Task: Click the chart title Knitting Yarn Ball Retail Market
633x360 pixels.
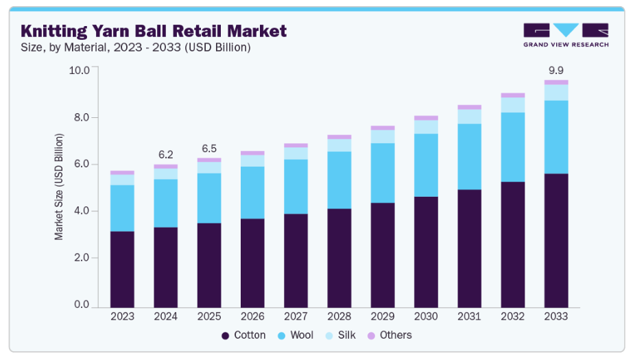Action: [x=154, y=31]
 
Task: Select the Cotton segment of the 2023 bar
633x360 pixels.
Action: [x=122, y=269]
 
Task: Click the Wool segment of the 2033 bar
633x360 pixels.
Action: [x=556, y=136]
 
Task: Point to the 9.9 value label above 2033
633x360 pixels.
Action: [x=556, y=70]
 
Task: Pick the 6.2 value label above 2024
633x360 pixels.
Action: [x=165, y=155]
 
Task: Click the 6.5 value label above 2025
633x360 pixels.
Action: [x=209, y=149]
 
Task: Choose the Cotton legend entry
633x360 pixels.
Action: [x=243, y=335]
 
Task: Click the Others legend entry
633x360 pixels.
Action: [x=390, y=335]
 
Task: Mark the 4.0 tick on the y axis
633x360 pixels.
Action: [x=82, y=211]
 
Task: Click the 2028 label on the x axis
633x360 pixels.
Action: [x=339, y=317]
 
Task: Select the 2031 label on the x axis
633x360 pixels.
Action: [x=469, y=317]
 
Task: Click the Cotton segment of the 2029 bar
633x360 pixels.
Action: [x=383, y=255]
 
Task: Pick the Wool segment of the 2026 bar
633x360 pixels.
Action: [x=252, y=193]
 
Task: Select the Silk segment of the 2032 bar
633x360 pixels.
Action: [x=513, y=105]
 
